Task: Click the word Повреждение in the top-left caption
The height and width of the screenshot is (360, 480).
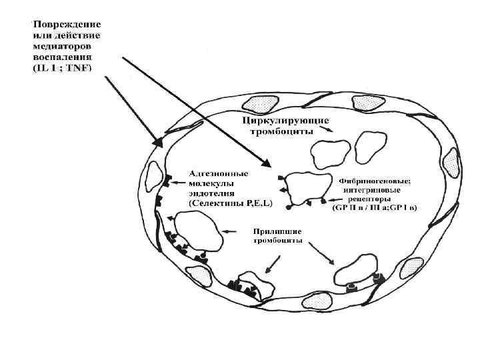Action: point(64,25)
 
